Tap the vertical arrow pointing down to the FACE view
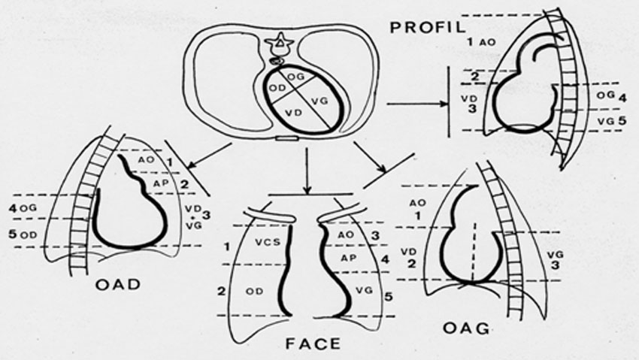pos(309,169)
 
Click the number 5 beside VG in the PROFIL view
pos(622,119)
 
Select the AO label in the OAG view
pos(417,203)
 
